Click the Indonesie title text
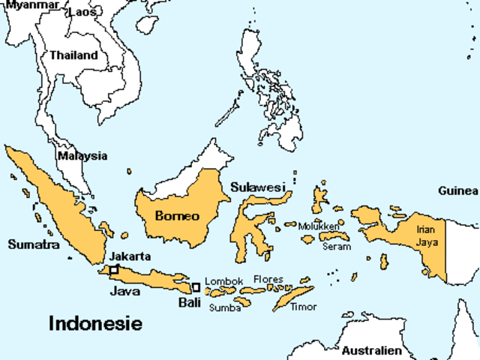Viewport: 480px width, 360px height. point(95,323)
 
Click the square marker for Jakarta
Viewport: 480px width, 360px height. point(114,268)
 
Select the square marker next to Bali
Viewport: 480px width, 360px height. point(196,286)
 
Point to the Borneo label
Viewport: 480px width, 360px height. point(177,217)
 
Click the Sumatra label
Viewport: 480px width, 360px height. point(33,244)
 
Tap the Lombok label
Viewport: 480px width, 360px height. point(223,281)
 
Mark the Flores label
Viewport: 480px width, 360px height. point(268,279)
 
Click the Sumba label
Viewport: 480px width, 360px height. point(224,307)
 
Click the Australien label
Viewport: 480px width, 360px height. point(372,350)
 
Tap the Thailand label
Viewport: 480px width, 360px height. point(73,55)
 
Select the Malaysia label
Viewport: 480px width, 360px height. point(82,156)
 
